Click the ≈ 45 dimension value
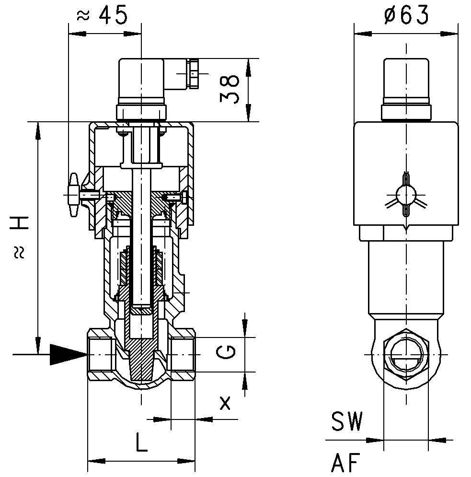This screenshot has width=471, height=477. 102,15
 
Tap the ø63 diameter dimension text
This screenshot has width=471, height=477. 406,15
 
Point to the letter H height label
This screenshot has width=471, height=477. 19,223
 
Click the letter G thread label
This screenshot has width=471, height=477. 226,352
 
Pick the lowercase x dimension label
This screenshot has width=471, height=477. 225,403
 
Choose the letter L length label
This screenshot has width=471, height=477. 141,442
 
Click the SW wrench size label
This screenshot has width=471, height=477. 347,421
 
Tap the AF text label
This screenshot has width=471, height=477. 346,463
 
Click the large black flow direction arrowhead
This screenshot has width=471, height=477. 69,354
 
